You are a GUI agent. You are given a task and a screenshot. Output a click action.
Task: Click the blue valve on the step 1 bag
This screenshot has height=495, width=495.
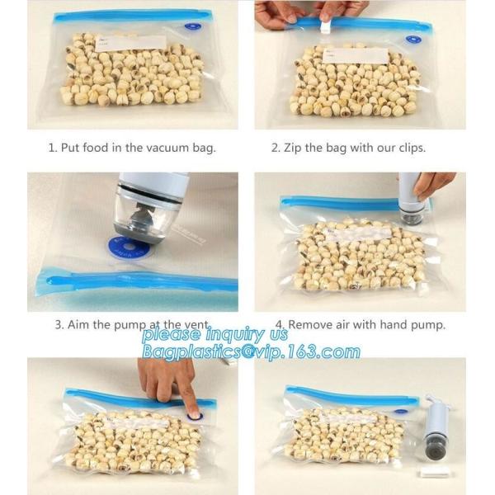192,26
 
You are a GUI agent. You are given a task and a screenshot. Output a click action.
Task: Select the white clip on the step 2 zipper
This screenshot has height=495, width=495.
324,27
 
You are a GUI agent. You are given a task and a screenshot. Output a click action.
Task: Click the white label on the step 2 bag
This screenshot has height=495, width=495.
355,55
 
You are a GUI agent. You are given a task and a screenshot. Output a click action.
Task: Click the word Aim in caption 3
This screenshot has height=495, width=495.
81,324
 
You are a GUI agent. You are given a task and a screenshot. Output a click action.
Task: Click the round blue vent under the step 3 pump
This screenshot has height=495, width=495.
130,247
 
